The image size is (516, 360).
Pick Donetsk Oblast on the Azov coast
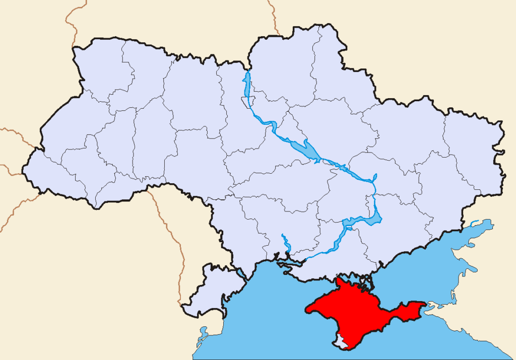[433, 201]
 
